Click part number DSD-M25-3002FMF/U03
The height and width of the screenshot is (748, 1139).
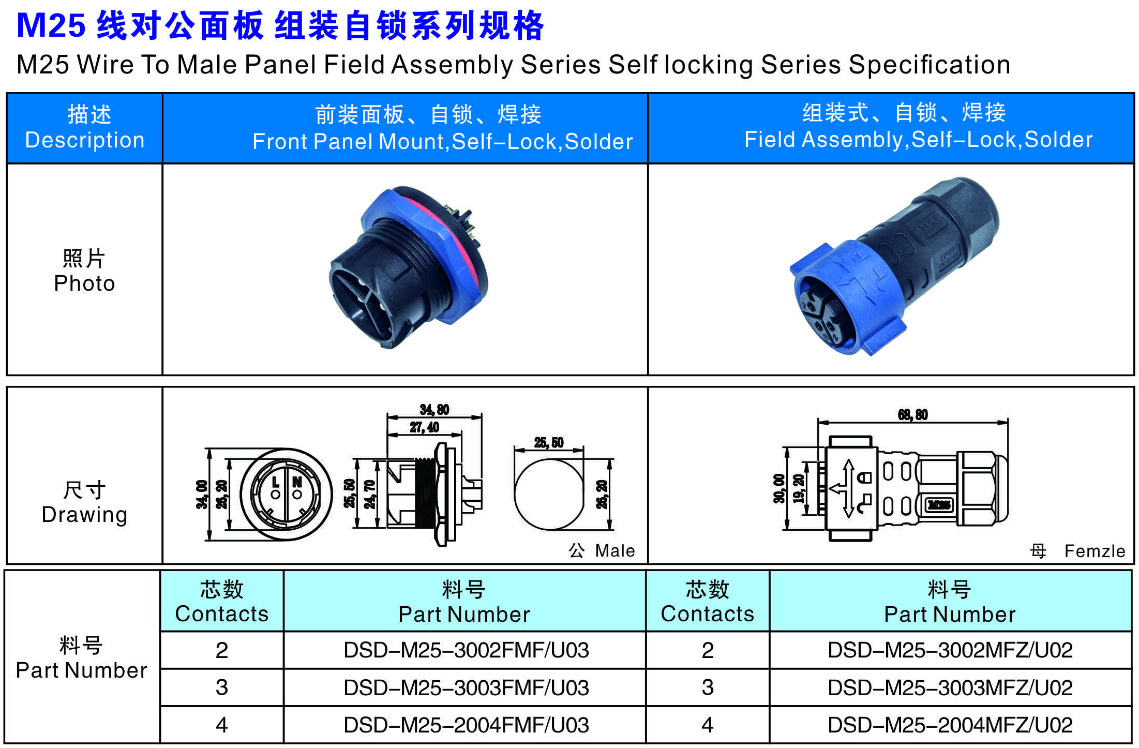(x=466, y=650)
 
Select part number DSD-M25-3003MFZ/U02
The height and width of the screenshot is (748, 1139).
(x=950, y=687)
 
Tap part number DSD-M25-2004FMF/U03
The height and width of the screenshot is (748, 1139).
(x=466, y=725)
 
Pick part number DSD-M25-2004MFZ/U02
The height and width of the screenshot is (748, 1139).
(x=950, y=725)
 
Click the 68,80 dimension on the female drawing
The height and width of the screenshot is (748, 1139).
(x=913, y=414)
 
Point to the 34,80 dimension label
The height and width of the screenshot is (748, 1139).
(x=434, y=410)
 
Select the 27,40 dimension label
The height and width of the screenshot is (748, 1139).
(x=424, y=427)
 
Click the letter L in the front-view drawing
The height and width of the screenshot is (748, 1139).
(x=276, y=482)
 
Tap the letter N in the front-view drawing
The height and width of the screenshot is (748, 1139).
(x=297, y=482)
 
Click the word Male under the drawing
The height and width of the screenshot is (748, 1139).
(x=615, y=550)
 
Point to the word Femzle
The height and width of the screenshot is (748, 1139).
(x=1095, y=551)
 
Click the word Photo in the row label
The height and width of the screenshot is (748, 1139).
(x=84, y=283)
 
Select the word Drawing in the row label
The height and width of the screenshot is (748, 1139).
(x=84, y=515)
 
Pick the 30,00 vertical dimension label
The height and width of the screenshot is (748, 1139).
(x=779, y=488)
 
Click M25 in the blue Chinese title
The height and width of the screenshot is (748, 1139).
(x=51, y=25)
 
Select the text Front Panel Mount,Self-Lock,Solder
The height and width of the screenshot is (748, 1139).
(x=443, y=141)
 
